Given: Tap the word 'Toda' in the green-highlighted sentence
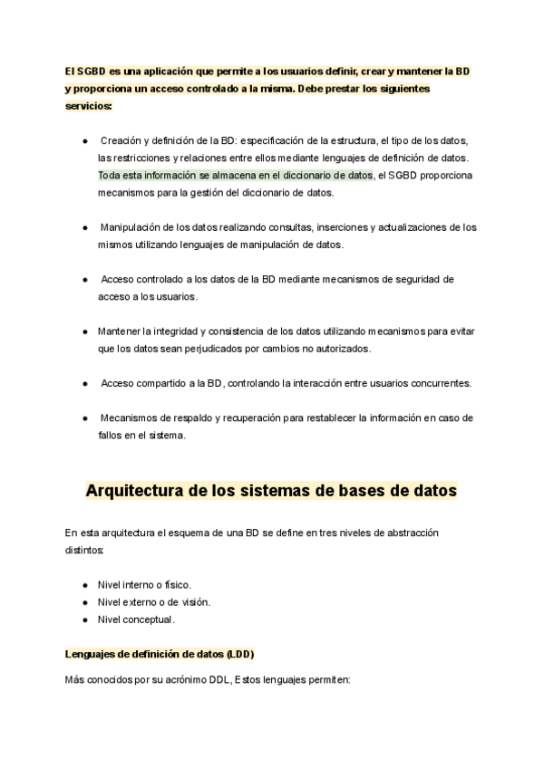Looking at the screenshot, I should (110, 175).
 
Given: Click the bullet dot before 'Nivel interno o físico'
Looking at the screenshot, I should (84, 585).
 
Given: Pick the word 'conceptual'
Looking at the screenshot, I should (148, 619).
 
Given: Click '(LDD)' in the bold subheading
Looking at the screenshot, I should (239, 655).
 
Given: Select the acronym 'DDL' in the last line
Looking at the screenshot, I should (218, 679).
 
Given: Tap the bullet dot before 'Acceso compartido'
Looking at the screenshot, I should (84, 382).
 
